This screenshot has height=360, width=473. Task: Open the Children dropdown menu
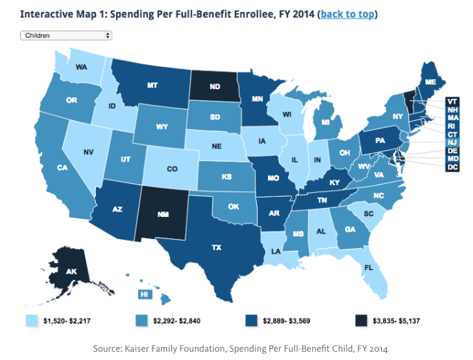click(66, 35)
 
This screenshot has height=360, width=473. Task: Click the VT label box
click(452, 100)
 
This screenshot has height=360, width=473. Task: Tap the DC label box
click(452, 167)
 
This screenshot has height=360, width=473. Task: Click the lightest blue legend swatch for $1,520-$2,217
click(30, 320)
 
